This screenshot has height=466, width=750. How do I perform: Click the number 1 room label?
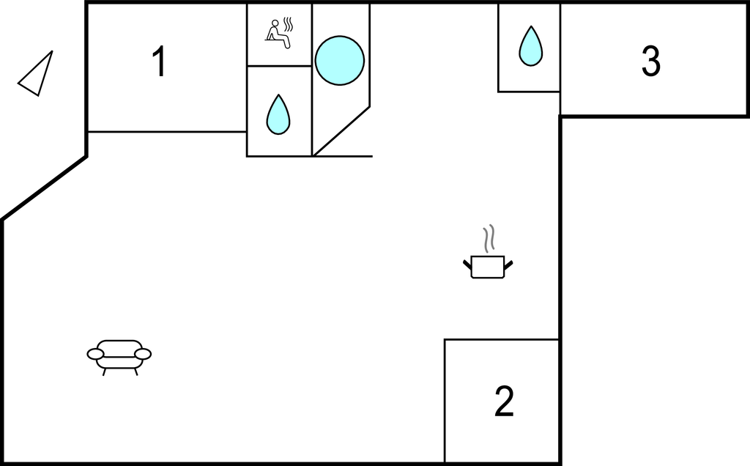(158, 62)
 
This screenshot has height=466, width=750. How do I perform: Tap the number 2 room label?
(504, 402)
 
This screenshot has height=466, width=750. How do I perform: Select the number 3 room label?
(650, 62)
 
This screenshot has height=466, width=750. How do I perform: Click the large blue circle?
(340, 60)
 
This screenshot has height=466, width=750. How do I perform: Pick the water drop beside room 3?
(530, 46)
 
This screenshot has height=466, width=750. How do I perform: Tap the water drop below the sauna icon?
(278, 114)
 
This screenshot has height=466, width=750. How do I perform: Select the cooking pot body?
(487, 267)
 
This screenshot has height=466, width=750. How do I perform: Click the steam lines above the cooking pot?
(489, 237)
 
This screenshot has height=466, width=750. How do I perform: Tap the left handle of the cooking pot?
(467, 263)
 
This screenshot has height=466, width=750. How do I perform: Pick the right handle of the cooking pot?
(508, 263)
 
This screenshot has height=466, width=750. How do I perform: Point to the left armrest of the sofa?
(96, 355)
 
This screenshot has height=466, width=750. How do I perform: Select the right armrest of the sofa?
(143, 354)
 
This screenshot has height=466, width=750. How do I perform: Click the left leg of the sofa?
(104, 371)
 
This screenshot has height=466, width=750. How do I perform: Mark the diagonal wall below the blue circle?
(341, 130)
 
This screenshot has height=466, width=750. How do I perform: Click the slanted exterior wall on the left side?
(44, 188)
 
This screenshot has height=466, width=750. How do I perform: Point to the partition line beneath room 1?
(167, 132)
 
